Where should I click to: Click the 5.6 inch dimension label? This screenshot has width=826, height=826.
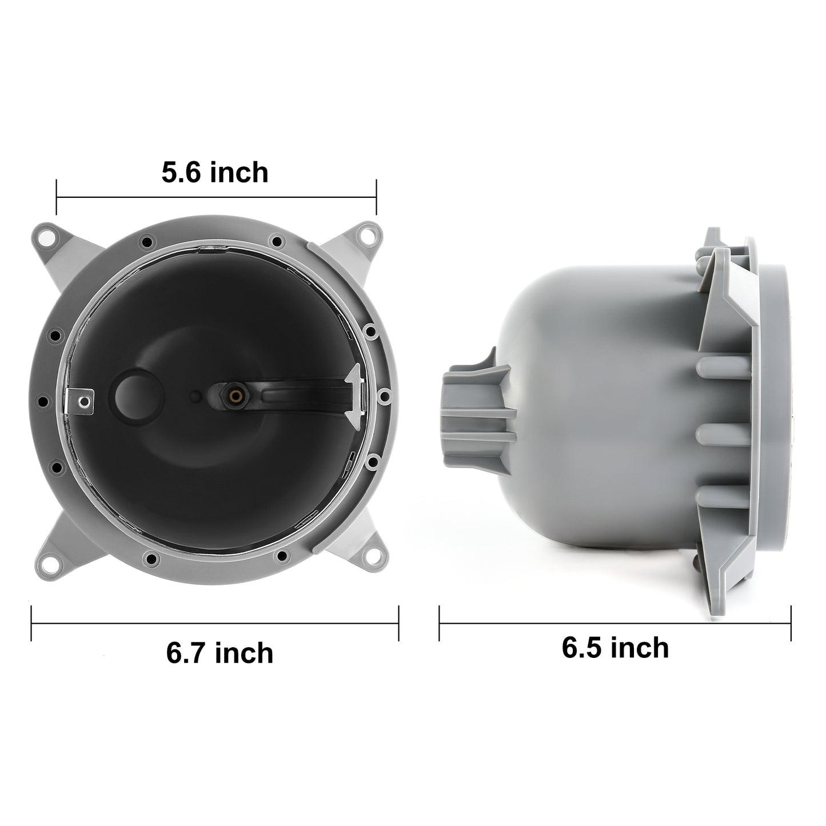(x=214, y=173)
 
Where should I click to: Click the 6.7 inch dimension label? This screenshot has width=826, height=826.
(x=220, y=653)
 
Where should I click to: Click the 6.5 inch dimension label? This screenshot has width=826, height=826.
(x=615, y=648)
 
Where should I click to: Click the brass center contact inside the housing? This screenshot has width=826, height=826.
(x=235, y=394)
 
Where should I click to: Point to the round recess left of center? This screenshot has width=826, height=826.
(x=133, y=393)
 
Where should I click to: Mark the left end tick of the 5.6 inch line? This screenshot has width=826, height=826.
(x=57, y=197)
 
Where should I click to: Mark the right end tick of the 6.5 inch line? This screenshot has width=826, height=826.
(x=791, y=624)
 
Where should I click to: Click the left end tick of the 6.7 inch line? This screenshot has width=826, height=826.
(x=31, y=624)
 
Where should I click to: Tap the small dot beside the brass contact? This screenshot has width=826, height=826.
(x=195, y=395)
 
